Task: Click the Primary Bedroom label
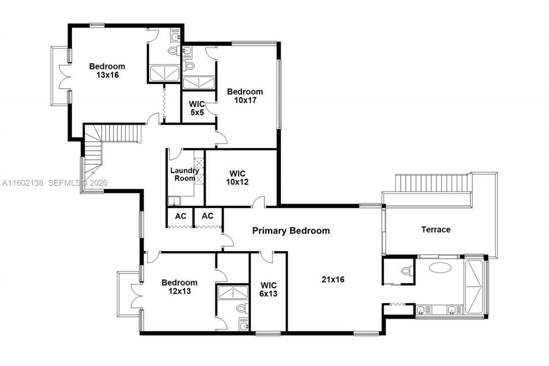291,231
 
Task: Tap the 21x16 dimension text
333,279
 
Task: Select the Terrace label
436,230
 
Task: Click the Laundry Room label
184,174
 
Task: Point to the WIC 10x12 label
237,178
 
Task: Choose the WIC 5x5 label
197,109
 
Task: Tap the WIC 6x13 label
268,289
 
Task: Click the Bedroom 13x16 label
107,70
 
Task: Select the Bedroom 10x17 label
245,96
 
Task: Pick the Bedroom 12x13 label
179,287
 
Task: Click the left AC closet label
181,216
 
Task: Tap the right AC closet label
208,216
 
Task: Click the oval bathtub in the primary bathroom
440,268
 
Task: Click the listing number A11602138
23,183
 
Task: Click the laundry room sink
174,200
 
